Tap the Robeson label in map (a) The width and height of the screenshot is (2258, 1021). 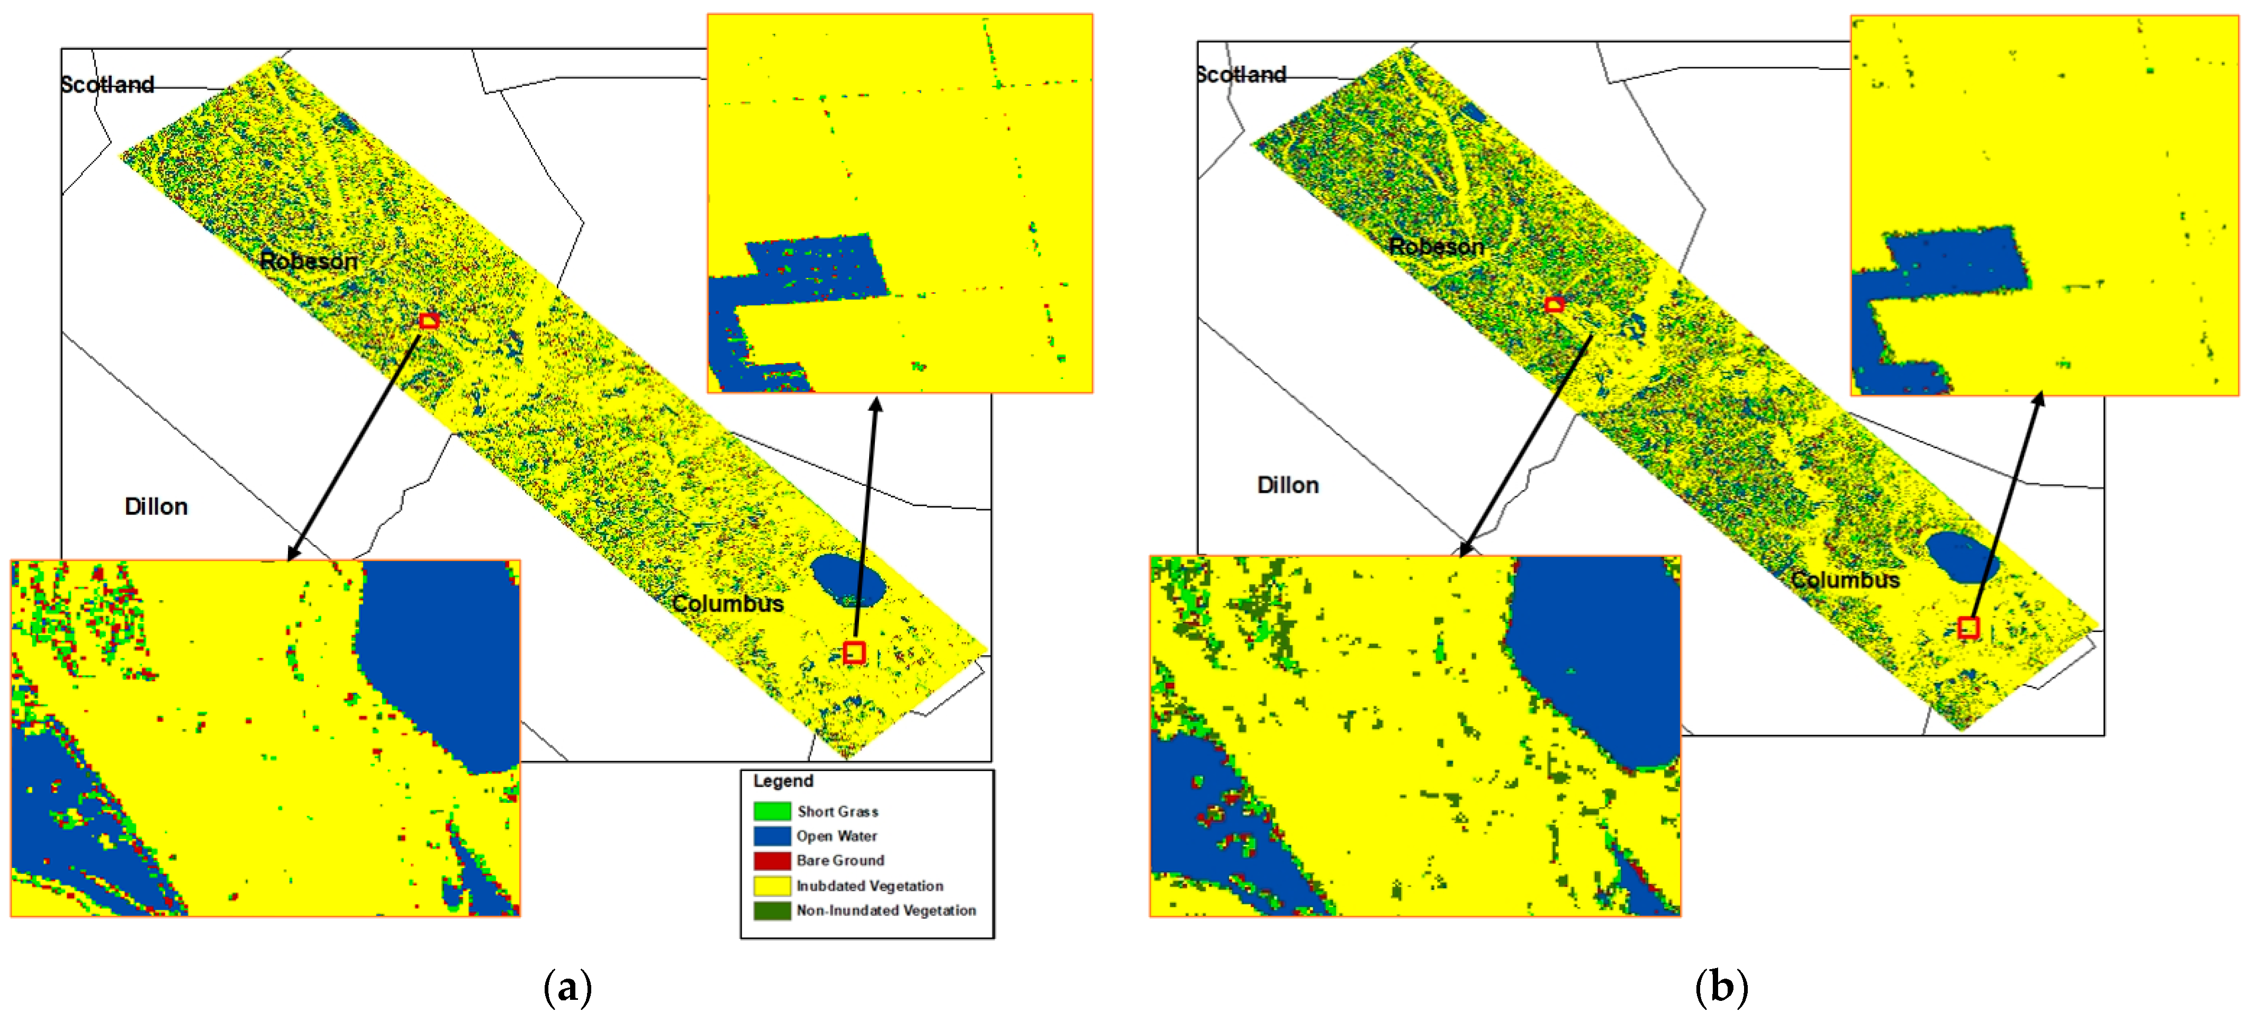tap(309, 260)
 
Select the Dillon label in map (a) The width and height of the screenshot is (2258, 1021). tap(156, 507)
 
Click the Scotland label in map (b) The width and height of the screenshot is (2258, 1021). tap(1241, 75)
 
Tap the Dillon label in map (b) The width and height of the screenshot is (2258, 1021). tap(1288, 485)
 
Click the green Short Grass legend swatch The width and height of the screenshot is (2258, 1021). tap(771, 811)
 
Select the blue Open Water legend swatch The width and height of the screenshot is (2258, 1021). tap(771, 835)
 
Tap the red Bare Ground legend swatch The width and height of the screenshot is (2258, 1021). tap(771, 860)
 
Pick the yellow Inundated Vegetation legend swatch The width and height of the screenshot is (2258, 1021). tap(771, 885)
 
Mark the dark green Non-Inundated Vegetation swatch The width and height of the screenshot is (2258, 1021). tap(771, 910)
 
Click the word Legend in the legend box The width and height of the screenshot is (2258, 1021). tap(783, 781)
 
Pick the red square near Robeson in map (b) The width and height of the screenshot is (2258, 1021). tap(1554, 305)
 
